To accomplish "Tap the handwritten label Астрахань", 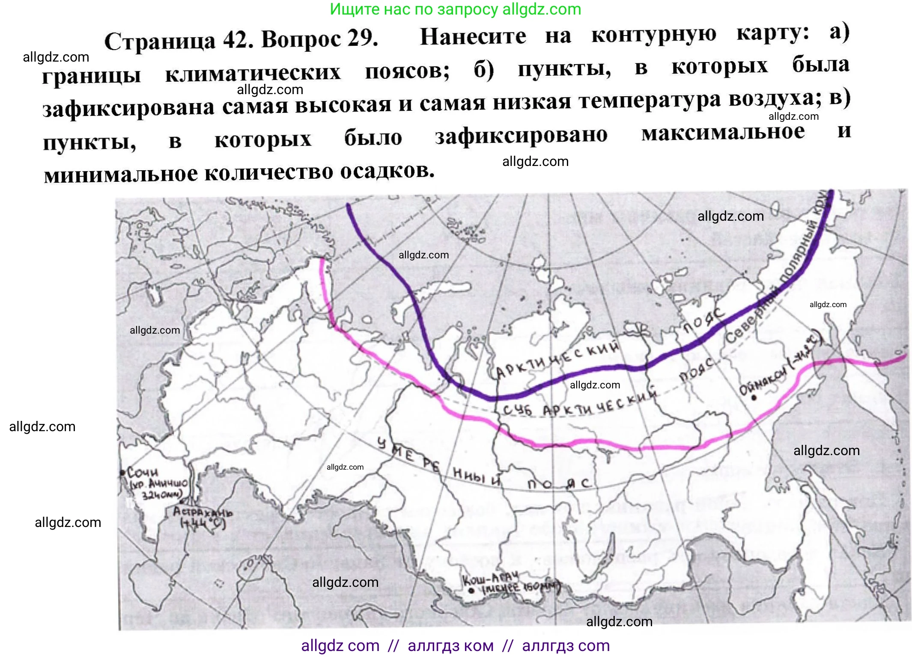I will pos(203,512).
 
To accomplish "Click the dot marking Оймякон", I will pos(754,398).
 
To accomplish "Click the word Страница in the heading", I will pos(160,41).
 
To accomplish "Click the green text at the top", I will pos(456,9).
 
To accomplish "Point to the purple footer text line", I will pos(455,645).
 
